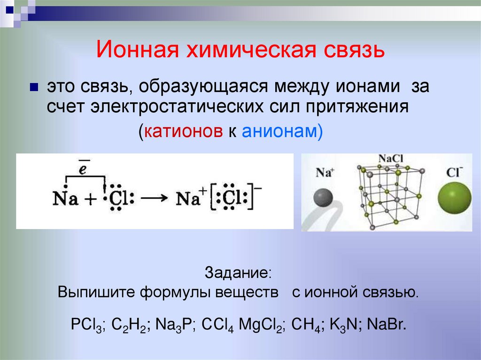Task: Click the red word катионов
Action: pyautogui.click(x=184, y=131)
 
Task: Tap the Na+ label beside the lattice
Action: pyautogui.click(x=324, y=172)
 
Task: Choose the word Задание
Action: pyautogui.click(x=238, y=273)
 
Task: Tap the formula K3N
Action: pyautogui.click(x=346, y=325)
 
